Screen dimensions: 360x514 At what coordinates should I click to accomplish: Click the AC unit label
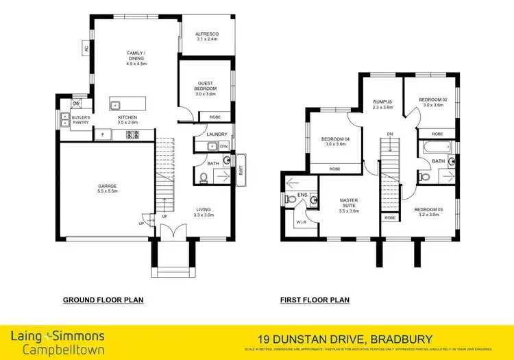(x=86, y=49)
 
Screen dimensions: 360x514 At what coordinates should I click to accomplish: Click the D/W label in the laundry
(x=223, y=146)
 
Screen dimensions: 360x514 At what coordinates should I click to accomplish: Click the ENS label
(x=302, y=195)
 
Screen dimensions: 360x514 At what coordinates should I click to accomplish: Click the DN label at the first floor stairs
(x=390, y=134)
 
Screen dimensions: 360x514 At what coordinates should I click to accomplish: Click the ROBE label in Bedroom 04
(x=335, y=169)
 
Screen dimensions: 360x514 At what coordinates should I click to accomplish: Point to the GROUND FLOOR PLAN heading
(x=103, y=300)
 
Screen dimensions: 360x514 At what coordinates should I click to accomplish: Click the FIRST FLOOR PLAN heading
(x=315, y=300)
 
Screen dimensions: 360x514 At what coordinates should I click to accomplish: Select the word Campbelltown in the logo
(x=58, y=349)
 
